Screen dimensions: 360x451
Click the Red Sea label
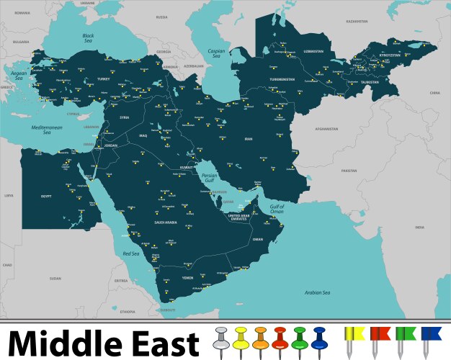[130, 253]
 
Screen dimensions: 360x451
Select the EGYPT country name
[45, 196]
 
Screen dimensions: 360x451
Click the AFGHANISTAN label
[326, 130]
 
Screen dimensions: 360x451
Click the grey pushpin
[221, 338]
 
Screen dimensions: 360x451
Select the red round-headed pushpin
[280, 338]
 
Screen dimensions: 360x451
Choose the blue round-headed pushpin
[319, 338]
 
